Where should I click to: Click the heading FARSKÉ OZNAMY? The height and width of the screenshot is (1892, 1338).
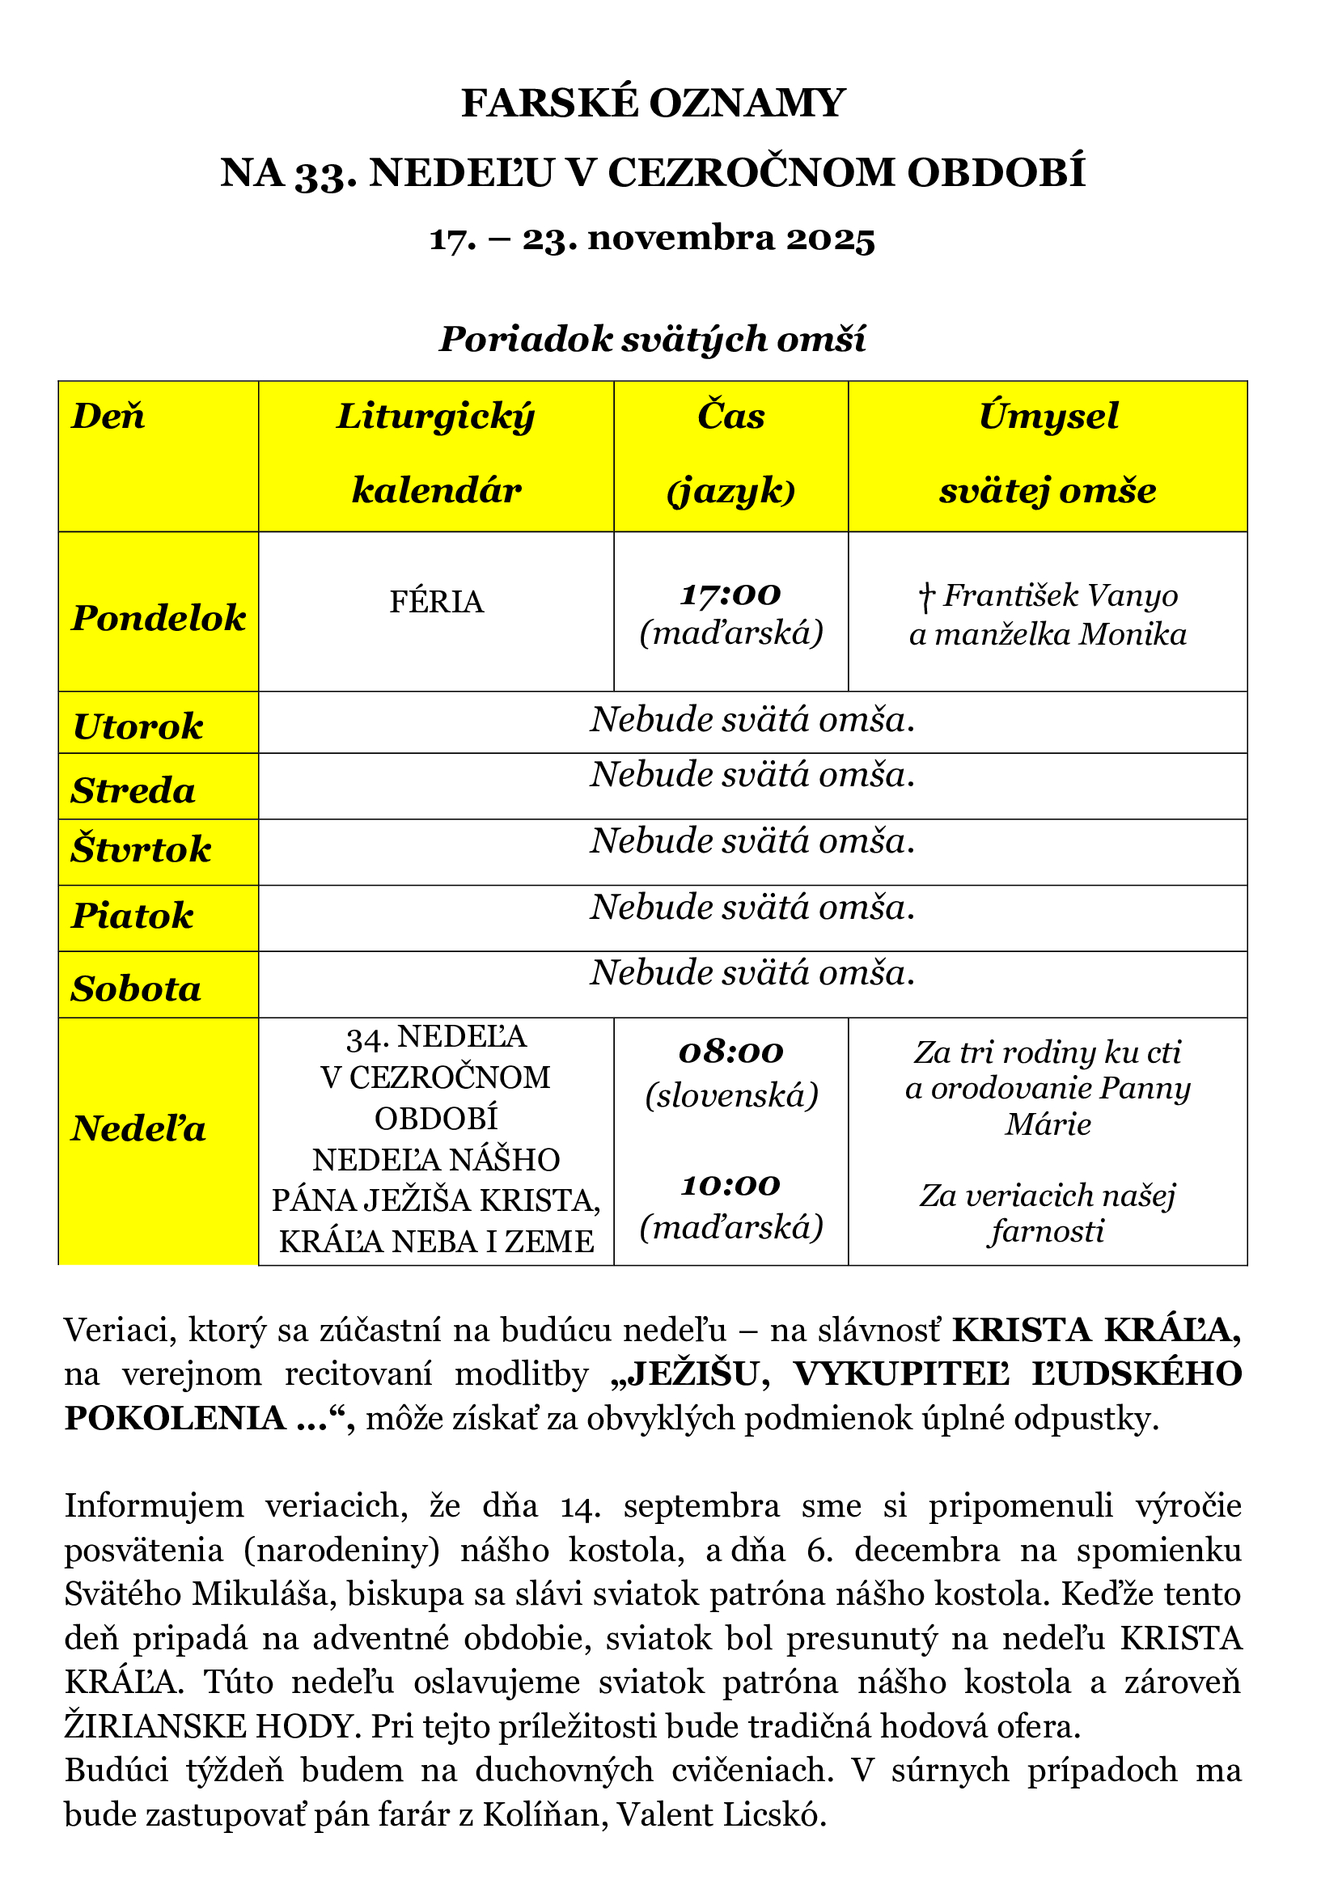(653, 104)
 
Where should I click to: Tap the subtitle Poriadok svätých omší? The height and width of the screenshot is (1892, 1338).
(652, 339)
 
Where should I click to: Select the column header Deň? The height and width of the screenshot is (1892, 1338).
(108, 415)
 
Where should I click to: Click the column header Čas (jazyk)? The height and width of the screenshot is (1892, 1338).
(730, 452)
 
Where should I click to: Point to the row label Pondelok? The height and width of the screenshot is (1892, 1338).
(159, 617)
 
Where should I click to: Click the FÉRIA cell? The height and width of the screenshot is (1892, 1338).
(436, 602)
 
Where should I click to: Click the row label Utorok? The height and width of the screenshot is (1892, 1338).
(138, 726)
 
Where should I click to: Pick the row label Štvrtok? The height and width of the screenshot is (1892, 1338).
(141, 849)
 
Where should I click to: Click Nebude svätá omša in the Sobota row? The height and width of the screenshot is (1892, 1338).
(752, 972)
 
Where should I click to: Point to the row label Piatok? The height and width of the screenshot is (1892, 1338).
(133, 915)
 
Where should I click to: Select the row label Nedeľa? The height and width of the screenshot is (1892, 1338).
(138, 1128)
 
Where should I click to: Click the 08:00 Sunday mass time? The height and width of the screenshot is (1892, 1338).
(730, 1052)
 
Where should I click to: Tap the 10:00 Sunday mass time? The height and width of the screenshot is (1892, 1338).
(730, 1185)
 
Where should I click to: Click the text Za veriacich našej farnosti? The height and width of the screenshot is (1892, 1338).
(1047, 1213)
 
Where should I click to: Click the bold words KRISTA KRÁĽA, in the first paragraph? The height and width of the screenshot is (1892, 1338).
(1096, 1330)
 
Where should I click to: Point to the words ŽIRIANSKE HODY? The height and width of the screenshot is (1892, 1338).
(210, 1725)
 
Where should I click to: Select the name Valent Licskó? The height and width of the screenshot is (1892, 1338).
(722, 1814)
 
